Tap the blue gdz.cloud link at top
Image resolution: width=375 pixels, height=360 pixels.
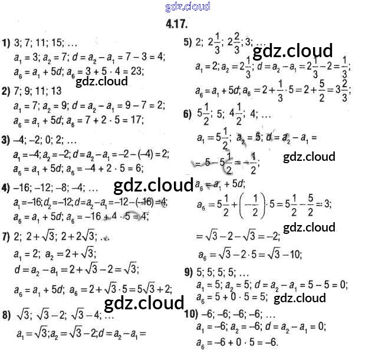click(x=187, y=7)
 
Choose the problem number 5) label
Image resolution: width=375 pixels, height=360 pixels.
click(x=188, y=42)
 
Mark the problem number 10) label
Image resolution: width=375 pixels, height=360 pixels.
click(x=190, y=312)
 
